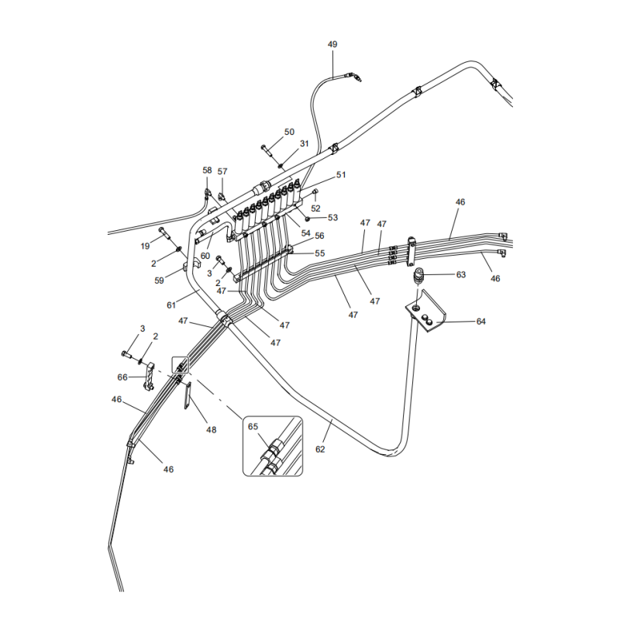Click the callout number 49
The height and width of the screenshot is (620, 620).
click(x=332, y=45)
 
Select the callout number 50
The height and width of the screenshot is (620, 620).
click(x=289, y=133)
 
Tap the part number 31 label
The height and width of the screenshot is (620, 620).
click(x=304, y=144)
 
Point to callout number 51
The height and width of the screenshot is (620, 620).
click(x=340, y=175)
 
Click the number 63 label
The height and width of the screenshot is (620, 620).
click(x=460, y=274)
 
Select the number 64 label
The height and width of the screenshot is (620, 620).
click(x=480, y=322)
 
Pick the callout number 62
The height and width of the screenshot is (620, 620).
click(x=321, y=449)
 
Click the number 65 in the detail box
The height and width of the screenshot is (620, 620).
click(x=253, y=426)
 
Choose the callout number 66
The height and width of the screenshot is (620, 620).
click(x=122, y=377)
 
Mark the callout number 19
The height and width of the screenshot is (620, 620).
click(x=145, y=246)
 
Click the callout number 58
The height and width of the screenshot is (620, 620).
click(x=207, y=170)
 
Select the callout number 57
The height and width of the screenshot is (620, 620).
click(x=222, y=171)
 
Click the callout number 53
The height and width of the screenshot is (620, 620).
click(x=332, y=218)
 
